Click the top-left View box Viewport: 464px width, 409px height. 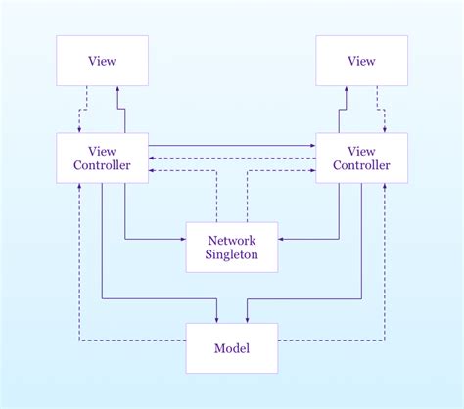click(102, 61)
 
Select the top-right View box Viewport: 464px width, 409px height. click(361, 61)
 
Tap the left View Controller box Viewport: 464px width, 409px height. click(102, 157)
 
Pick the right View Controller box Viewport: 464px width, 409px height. click(361, 157)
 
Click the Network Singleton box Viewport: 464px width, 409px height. click(231, 248)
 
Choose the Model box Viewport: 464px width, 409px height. click(231, 348)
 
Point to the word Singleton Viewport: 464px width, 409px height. click(231, 255)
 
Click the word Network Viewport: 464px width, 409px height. click(231, 240)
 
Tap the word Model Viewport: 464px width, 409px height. click(231, 348)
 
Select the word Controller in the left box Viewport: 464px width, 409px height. click(102, 164)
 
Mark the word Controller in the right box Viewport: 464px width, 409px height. click(361, 164)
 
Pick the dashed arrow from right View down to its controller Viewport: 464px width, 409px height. click(378, 110)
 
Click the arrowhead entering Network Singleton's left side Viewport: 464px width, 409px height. click(182, 238)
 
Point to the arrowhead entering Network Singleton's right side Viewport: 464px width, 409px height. click(282, 238)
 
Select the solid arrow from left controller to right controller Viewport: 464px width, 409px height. click(231, 146)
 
